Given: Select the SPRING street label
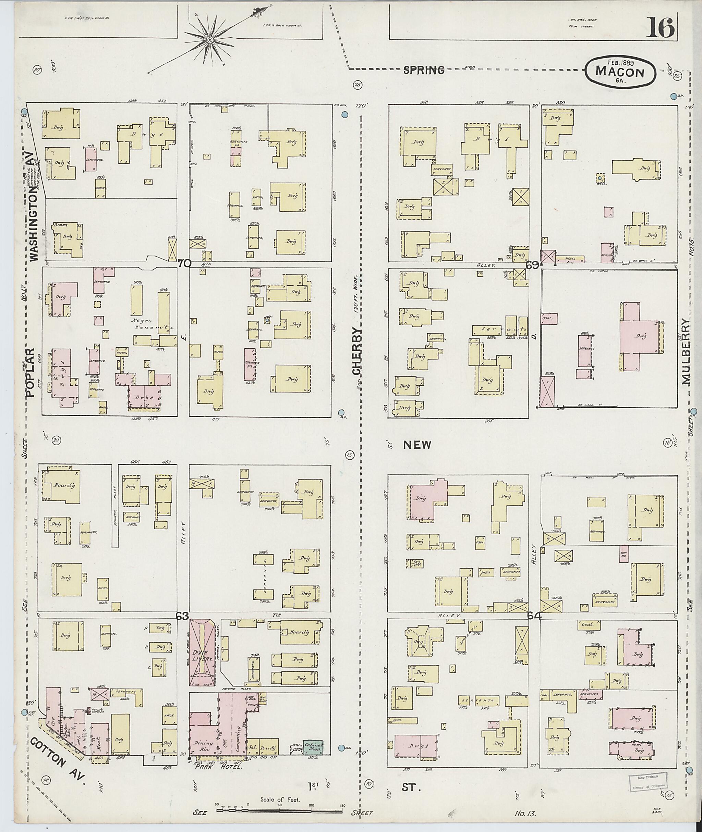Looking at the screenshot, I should (423, 71).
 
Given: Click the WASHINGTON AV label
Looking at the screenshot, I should (34, 214).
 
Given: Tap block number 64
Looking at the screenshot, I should (534, 616).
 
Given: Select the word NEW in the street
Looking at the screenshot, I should (417, 445).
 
